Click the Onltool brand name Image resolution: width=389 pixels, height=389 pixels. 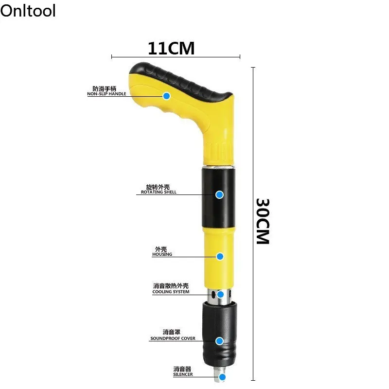click(28, 10)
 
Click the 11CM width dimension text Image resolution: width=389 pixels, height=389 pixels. click(171, 49)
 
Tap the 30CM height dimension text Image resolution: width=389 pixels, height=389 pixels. click(263, 221)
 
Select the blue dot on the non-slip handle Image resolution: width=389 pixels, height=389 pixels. click(166, 96)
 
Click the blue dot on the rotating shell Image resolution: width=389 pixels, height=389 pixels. click(219, 194)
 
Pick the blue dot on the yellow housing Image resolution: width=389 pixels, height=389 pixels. click(220, 256)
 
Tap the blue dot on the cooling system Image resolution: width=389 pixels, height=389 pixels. click(220, 294)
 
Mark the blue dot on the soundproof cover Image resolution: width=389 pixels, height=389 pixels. click(220, 341)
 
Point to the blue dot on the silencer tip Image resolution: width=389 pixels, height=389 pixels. click(222, 377)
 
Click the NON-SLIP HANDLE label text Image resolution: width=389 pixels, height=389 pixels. click(107, 94)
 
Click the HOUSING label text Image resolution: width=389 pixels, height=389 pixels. click(162, 254)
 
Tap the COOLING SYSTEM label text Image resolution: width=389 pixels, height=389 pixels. click(171, 292)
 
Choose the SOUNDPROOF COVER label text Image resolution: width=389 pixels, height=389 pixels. click(173, 338)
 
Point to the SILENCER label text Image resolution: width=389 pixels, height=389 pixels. click(183, 374)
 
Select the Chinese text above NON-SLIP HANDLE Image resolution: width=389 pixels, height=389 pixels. click(105, 88)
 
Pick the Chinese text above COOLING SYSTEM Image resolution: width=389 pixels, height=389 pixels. click(171, 286)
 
